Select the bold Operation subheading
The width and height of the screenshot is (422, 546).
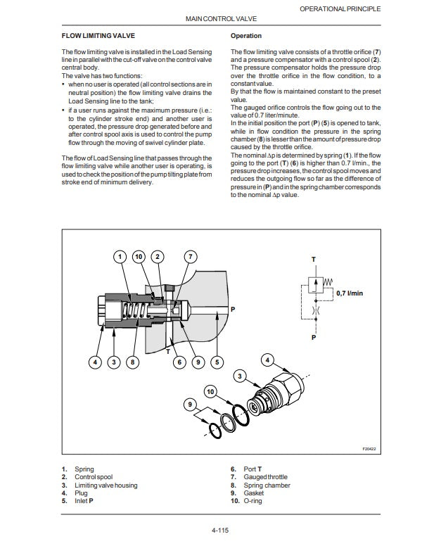click(245, 35)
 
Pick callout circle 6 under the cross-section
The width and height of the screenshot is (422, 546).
click(179, 362)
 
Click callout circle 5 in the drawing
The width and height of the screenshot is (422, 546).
click(216, 362)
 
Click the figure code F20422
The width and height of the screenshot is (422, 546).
click(369, 448)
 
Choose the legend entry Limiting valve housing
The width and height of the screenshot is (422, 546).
click(105, 485)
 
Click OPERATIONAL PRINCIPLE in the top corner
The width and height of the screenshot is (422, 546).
click(340, 8)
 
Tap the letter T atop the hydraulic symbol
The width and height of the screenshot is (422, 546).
click(314, 260)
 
